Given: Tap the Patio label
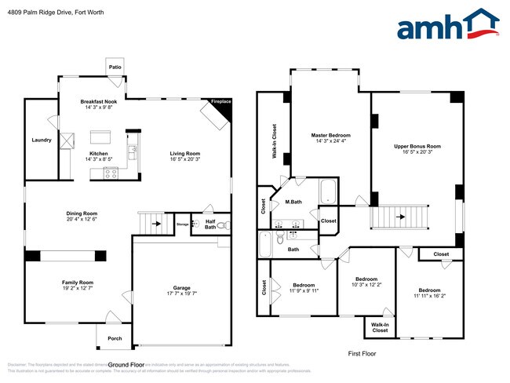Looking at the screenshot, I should pyautogui.click(x=115, y=67).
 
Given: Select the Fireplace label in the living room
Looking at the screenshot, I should pyautogui.click(x=220, y=101).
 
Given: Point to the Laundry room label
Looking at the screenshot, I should pyautogui.click(x=42, y=140).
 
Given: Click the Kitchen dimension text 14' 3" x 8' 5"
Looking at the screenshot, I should pyautogui.click(x=99, y=159).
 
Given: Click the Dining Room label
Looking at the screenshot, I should pyautogui.click(x=81, y=213).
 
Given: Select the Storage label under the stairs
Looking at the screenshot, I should pyautogui.click(x=182, y=224).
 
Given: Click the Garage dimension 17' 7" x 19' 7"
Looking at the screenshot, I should pyautogui.click(x=182, y=294).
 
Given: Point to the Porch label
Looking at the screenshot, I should pyautogui.click(x=115, y=338).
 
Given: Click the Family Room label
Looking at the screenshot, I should pyautogui.click(x=78, y=282).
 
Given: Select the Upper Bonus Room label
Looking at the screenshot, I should pyautogui.click(x=417, y=146).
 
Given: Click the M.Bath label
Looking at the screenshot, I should pyautogui.click(x=293, y=202).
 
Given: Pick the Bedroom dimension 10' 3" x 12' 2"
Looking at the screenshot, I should pyautogui.click(x=366, y=286).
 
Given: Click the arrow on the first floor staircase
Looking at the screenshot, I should pyautogui.click(x=399, y=217).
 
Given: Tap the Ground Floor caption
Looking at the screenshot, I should pyautogui.click(x=129, y=365).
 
